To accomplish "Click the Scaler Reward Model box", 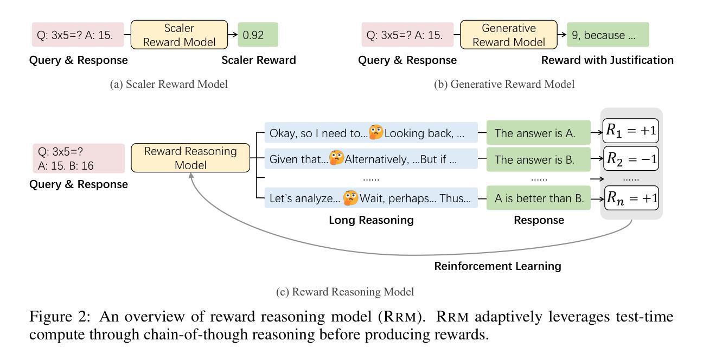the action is (179, 35).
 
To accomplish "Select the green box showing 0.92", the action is (258, 35).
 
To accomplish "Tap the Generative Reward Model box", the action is (509, 35).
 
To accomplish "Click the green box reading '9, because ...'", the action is (608, 35).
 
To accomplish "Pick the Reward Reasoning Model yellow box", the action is (190, 158).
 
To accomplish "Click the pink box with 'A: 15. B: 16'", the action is (79, 158).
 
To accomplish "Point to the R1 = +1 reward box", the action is (631, 131).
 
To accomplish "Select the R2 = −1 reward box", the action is (631, 158).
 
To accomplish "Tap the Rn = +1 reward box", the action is (631, 198).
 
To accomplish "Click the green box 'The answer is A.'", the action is (539, 133).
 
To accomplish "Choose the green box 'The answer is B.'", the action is (539, 159).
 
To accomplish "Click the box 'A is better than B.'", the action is (539, 198).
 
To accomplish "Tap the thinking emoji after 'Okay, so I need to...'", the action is (376, 132).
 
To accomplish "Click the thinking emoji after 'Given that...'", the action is (336, 158).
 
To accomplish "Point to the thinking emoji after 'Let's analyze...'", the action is (350, 197).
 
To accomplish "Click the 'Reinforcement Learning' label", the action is (498, 266).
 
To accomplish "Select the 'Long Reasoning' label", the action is (371, 220).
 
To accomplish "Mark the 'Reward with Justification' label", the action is (608, 60).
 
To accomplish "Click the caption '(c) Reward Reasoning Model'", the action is (345, 292).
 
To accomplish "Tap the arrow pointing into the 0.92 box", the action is (233, 35).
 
